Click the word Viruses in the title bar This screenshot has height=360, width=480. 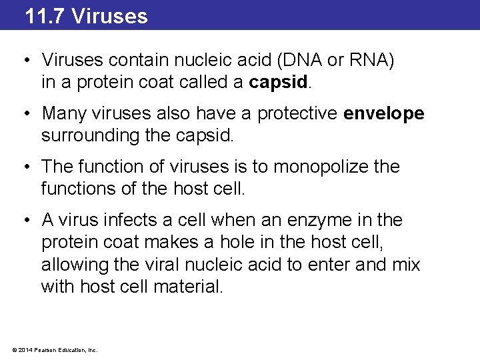109,15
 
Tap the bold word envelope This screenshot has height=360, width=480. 383,113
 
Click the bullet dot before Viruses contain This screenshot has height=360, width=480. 25,61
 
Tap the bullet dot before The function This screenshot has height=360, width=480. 25,167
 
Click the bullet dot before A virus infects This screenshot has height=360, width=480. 25,220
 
